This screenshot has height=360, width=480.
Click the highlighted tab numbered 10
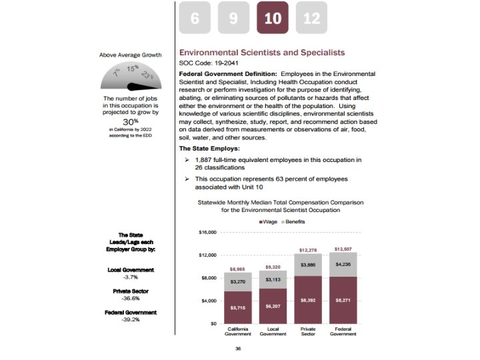273,18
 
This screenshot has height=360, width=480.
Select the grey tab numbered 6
195,18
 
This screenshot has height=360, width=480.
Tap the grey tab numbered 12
311,18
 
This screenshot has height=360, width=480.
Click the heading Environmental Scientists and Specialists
263,51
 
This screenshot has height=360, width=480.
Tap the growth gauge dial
130,79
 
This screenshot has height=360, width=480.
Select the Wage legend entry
268,220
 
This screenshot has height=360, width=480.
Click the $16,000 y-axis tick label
208,233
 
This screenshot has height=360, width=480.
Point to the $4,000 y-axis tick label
208,301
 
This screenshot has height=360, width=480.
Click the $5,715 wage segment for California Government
237,308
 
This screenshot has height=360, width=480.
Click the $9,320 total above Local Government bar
272,266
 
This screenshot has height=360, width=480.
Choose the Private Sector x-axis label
307,331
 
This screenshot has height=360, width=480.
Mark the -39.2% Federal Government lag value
131,319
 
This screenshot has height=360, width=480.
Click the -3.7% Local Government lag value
131,277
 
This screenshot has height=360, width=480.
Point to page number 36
238,349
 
